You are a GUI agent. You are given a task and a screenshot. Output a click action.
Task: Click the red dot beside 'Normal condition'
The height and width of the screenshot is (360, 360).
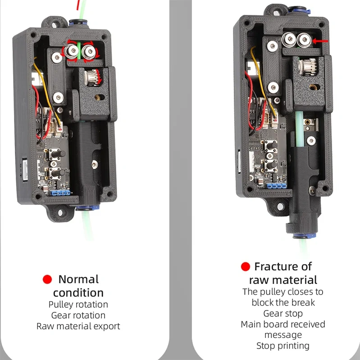point(47,279)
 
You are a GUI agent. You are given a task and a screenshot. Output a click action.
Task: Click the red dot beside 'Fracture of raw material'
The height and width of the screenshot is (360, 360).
point(246,267)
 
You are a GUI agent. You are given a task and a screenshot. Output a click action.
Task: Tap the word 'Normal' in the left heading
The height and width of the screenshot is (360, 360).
point(78,279)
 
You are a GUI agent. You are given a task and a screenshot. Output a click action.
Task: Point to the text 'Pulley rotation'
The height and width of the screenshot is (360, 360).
point(78,305)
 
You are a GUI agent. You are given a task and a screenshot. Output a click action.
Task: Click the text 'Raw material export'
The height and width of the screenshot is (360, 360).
point(78,326)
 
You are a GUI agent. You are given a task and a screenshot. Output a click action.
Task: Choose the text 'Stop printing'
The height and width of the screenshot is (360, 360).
point(283,346)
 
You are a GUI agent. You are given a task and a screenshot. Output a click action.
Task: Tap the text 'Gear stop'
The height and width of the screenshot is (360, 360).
point(283,313)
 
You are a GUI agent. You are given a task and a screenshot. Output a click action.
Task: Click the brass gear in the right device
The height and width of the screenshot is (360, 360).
point(306,68)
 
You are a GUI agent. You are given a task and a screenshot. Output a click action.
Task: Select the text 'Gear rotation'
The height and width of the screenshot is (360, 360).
point(78,315)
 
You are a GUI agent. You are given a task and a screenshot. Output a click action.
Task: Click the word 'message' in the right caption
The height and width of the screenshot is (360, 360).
point(283,335)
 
